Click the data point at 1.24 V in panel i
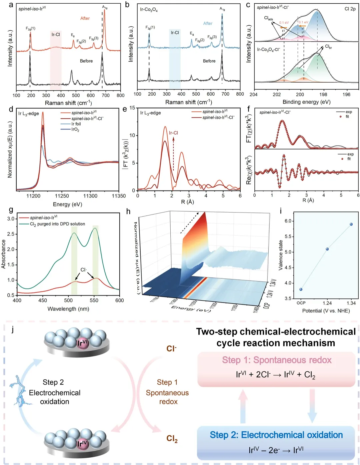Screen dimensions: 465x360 (x=327, y=249)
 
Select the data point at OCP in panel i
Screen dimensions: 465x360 (x=301, y=289)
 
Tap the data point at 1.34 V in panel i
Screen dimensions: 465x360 (x=351, y=224)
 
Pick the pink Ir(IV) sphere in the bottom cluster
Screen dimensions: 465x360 (x=82, y=443)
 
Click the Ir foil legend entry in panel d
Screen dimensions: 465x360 (x=76, y=124)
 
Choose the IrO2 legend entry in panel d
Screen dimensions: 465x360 (x=75, y=130)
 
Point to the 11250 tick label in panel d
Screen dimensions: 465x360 (x=62, y=196)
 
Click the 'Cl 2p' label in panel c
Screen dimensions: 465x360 (x=350, y=9)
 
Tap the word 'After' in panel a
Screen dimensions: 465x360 (x=85, y=18)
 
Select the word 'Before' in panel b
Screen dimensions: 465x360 (x=209, y=61)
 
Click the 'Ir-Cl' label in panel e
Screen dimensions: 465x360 (x=173, y=133)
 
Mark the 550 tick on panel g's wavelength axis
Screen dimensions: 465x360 (x=94, y=300)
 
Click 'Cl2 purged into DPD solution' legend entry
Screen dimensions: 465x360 (x=57, y=224)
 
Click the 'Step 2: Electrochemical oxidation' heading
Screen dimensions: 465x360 (x=276, y=435)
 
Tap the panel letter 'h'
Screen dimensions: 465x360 (x=128, y=211)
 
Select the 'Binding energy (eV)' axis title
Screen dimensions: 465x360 (x=306, y=102)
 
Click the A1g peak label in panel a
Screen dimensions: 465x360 (x=105, y=7)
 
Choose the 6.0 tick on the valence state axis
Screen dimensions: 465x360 (x=288, y=221)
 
